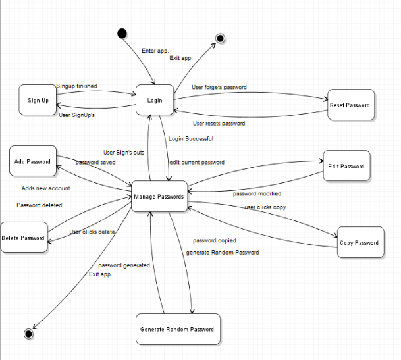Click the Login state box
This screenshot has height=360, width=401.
155,100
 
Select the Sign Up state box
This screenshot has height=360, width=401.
38,100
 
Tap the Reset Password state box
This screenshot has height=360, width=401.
351,105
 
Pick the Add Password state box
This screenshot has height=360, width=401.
32,161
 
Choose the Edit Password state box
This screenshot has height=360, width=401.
346,166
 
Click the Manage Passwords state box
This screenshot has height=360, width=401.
159,196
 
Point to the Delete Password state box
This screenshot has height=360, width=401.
24,238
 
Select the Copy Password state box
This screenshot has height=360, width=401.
359,242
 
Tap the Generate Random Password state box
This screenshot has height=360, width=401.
177,329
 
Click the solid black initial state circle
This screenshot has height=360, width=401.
122,34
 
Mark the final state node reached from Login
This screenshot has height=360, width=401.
221,38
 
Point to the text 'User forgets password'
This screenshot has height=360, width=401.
219,87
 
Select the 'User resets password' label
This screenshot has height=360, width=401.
219,123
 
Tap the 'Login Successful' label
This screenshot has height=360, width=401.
190,139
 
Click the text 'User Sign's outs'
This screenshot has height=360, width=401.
124,152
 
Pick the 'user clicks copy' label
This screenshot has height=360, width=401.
265,207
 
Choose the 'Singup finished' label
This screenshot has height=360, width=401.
76,86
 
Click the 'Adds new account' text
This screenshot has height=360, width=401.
45,188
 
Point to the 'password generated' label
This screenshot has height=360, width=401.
124,265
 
